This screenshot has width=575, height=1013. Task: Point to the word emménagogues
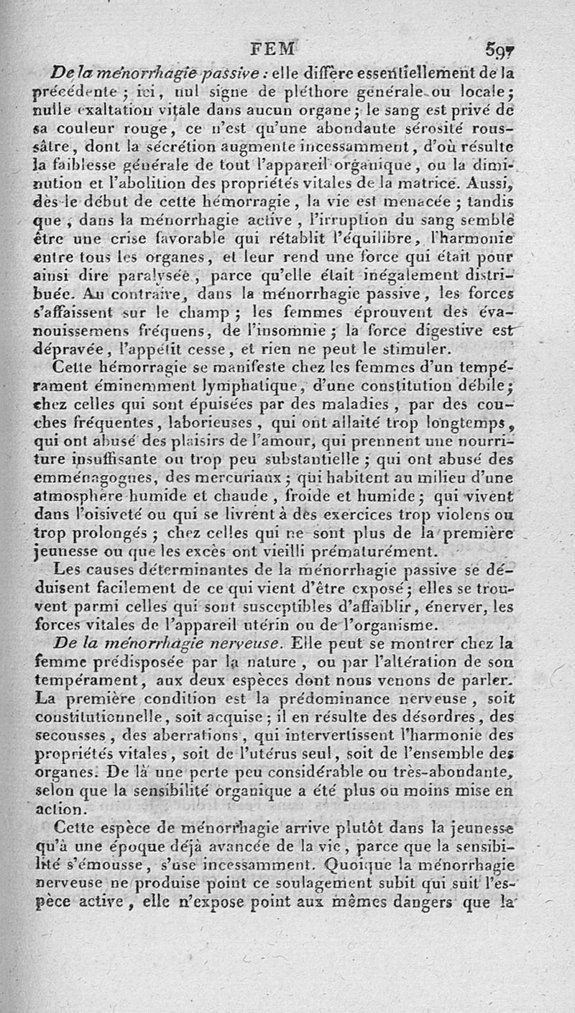89,477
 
